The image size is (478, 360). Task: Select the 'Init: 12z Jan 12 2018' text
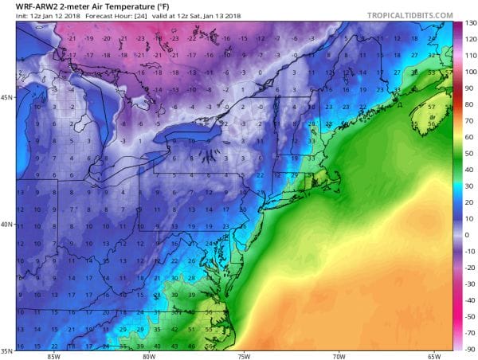pyautogui.click(x=33, y=18)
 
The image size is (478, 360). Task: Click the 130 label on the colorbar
pyautogui.click(x=470, y=23)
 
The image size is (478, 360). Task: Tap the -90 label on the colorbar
pyautogui.click(x=470, y=349)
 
